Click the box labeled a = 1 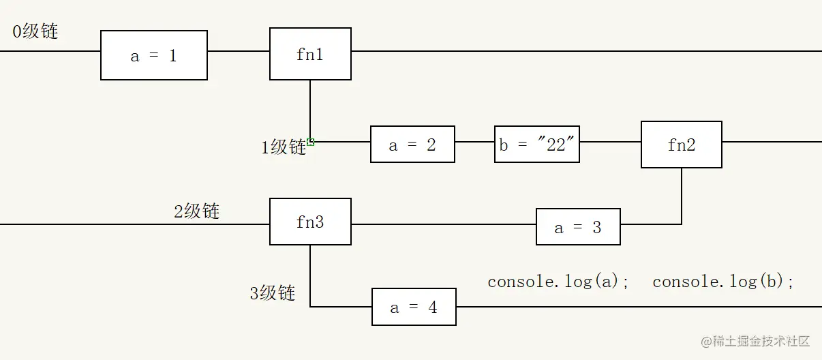point(154,55)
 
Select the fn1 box point(310,54)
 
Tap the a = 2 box point(412,144)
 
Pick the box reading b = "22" point(537,144)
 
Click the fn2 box point(681,145)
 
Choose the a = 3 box point(578,227)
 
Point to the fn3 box point(310,222)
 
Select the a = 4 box point(414,307)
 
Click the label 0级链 point(35,31)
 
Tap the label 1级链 point(284,147)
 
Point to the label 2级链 point(196,211)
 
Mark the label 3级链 point(272,293)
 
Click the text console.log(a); point(559,281)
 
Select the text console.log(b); point(723,281)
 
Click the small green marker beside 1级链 point(311,142)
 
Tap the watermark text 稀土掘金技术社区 point(757,340)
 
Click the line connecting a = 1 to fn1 point(239,51)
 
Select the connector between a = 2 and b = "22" point(474,142)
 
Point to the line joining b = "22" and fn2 point(610,142)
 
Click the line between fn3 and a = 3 point(443,224)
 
